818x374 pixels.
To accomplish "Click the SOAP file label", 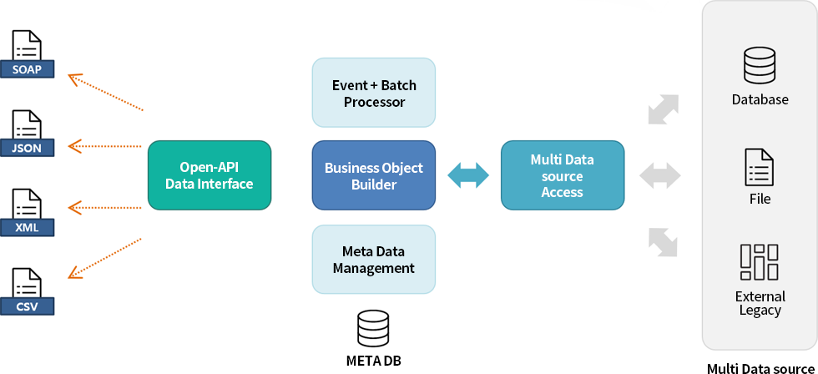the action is point(27,69).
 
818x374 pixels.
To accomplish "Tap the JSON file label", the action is point(27,148).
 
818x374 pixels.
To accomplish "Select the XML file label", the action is point(27,227).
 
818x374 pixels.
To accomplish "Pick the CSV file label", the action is point(27,306).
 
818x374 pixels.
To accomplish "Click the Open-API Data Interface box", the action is point(210,175).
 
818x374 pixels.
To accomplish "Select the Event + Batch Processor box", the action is point(374,93).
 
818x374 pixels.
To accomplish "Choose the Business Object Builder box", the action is point(374,175).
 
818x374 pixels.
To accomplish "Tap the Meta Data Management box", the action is point(374,260).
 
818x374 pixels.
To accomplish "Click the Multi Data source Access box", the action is point(563,175).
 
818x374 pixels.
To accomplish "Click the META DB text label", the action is point(374,361).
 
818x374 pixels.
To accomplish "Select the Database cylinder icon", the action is point(760,65).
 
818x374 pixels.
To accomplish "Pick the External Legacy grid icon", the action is point(760,262).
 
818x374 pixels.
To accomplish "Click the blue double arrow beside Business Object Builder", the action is point(468,175).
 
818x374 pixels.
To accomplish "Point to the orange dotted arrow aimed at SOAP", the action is point(105,93).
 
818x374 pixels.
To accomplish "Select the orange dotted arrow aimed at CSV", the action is point(105,258).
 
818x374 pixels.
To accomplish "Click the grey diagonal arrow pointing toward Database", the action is point(663,109).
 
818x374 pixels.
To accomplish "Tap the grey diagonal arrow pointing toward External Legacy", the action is point(663,242).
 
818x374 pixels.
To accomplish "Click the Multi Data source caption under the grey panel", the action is point(760,368).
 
